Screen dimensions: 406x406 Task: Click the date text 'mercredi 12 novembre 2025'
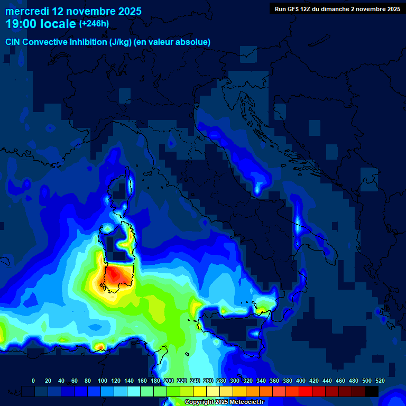click(x=73, y=11)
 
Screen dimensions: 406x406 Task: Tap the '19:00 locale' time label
click(x=41, y=24)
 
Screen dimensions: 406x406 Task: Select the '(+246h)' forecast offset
click(x=94, y=24)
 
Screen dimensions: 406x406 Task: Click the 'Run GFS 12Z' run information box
click(x=337, y=8)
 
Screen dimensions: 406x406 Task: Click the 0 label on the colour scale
click(x=33, y=381)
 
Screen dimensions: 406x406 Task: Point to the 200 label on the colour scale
click(x=169, y=381)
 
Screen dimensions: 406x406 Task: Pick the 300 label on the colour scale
click(x=235, y=381)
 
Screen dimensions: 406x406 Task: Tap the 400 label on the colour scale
click(x=301, y=381)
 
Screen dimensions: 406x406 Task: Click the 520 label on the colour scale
click(x=380, y=381)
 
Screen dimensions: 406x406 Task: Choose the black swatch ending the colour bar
click(x=372, y=391)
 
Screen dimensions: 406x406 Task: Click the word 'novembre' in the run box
click(x=372, y=8)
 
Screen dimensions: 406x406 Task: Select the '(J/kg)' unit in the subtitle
click(x=121, y=42)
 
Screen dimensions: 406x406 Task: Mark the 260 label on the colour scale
click(x=208, y=381)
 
